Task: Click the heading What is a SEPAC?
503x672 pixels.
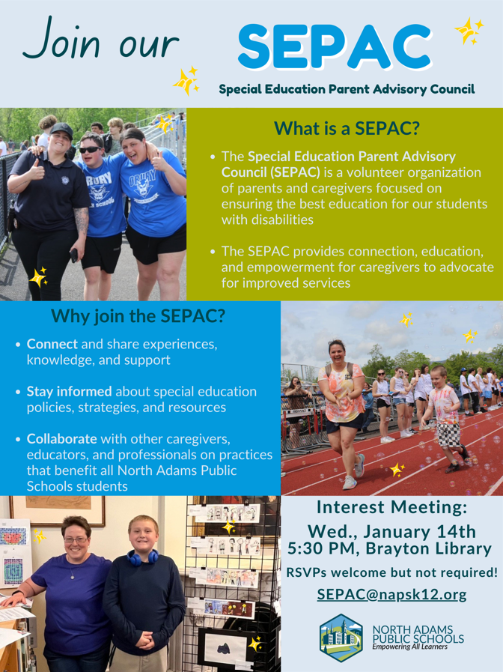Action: [347, 128]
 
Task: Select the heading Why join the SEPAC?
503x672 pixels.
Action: [138, 315]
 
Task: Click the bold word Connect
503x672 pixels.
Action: [52, 344]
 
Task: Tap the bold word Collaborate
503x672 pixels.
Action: [62, 438]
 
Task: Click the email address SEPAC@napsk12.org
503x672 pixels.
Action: [391, 594]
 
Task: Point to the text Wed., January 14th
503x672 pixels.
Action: [392, 531]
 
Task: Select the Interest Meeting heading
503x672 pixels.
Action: [391, 507]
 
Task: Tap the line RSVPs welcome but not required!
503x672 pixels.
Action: [391, 572]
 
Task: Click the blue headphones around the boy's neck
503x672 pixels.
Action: [142, 557]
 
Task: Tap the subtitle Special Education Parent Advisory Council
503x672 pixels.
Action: [347, 89]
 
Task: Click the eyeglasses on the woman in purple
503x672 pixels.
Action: [76, 539]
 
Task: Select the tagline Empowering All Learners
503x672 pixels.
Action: [410, 647]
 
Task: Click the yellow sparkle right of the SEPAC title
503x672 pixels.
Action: [469, 31]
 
